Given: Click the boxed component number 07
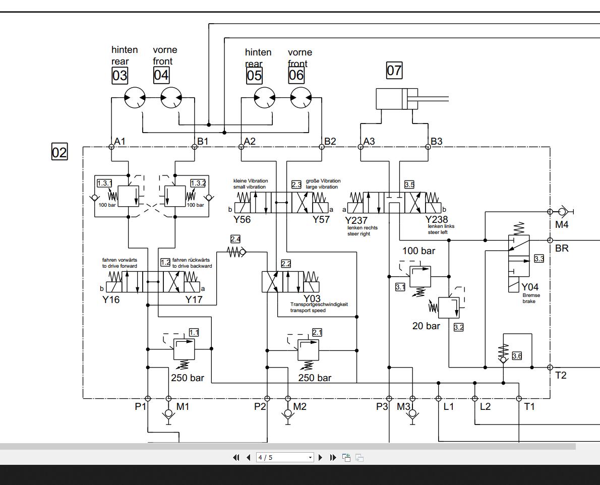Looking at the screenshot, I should pos(394,70).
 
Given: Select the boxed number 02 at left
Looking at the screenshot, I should pos(59,152).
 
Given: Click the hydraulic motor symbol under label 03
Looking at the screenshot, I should pos(135,98).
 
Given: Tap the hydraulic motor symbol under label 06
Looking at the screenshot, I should pos(301,98).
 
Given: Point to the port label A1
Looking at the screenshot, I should pos(120,141).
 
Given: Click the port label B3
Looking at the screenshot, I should pos(437,141).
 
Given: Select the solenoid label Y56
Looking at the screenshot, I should pos(242,219).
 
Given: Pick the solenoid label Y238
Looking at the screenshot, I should pos(436,219).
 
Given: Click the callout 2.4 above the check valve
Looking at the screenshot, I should pos(235,239).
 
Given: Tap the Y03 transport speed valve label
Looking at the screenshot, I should pos(312,298).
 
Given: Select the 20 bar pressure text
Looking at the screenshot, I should pos(426,326).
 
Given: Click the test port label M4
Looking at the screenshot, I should pos(562,225).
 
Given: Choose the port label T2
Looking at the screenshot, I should pos(561,375).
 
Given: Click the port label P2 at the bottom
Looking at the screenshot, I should pos(260,406).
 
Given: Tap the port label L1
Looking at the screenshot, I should pos(449,406).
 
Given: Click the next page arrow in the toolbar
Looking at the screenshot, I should pos(320,458).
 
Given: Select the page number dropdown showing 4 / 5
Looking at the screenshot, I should pos(285,458).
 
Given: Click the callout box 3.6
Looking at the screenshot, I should pos(517,356).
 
